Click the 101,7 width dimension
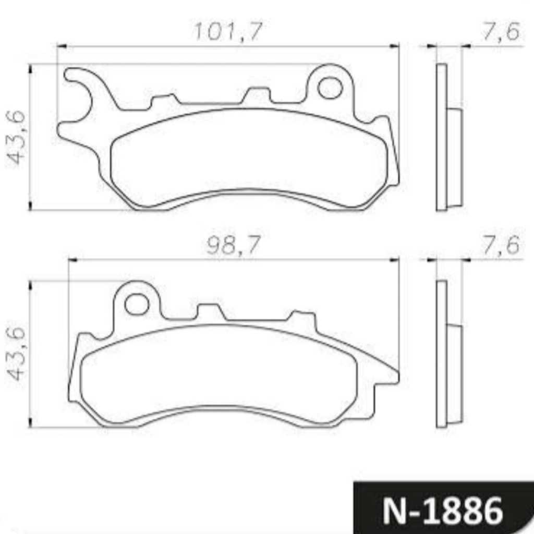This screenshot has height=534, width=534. pyautogui.click(x=228, y=31)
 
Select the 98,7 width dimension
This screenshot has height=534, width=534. pyautogui.click(x=233, y=245)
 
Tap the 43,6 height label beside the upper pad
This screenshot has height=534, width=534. pyautogui.click(x=16, y=137)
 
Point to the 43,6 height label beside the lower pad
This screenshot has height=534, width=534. pyautogui.click(x=16, y=354)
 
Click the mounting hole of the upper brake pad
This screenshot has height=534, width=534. pyautogui.click(x=330, y=88)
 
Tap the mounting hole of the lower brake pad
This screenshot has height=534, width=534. pyautogui.click(x=137, y=304)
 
